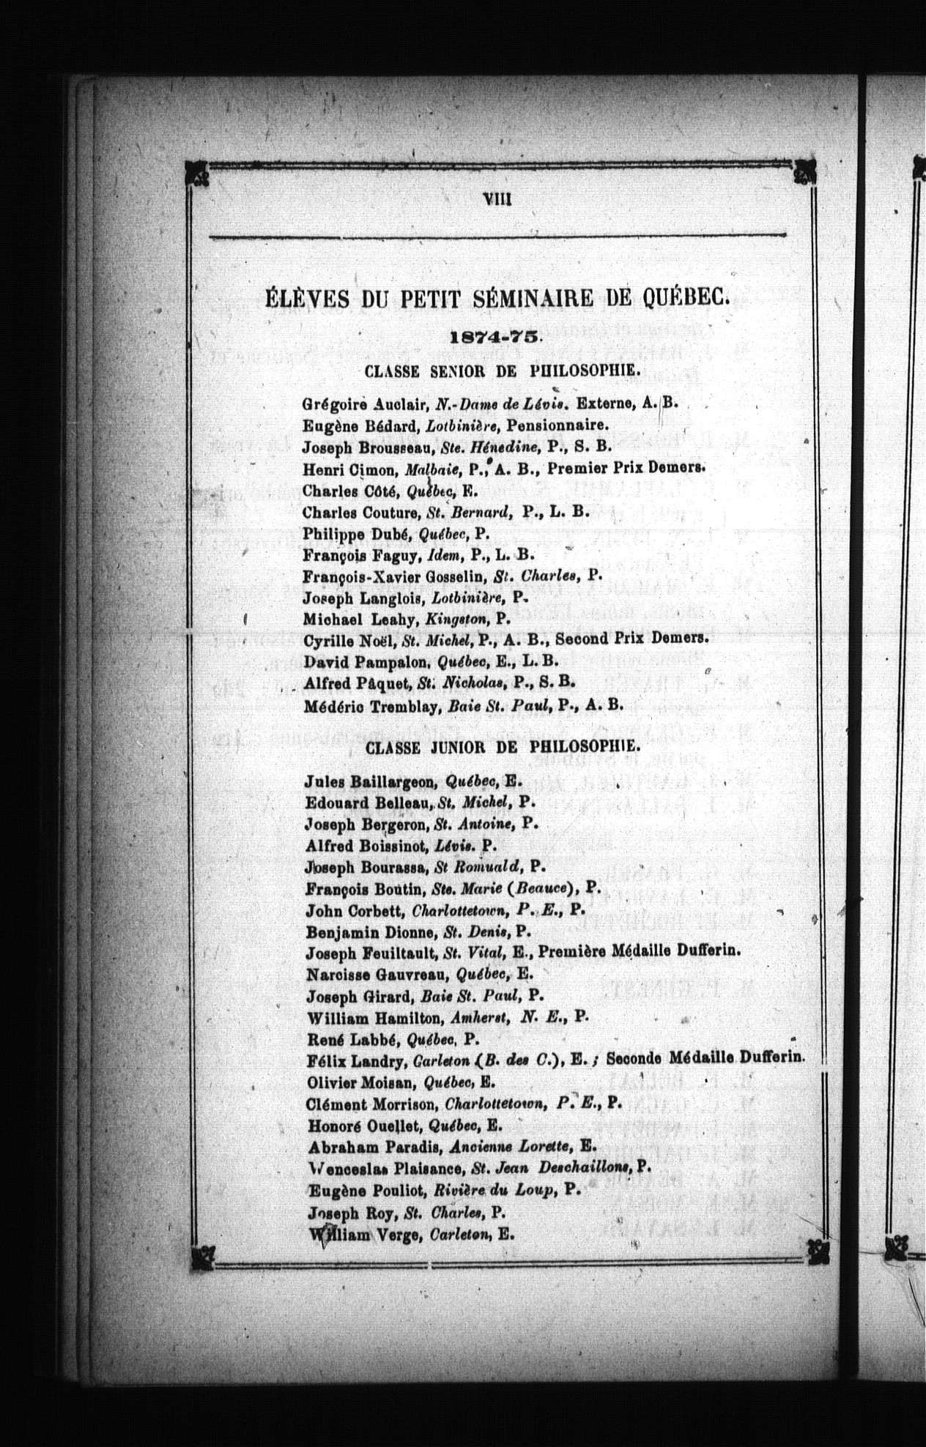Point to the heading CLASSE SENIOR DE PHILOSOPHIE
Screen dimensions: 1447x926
tap(503, 371)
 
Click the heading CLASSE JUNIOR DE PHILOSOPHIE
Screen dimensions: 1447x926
tap(502, 748)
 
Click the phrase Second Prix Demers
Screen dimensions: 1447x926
tap(631, 638)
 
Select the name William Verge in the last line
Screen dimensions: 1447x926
tap(357, 1234)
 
